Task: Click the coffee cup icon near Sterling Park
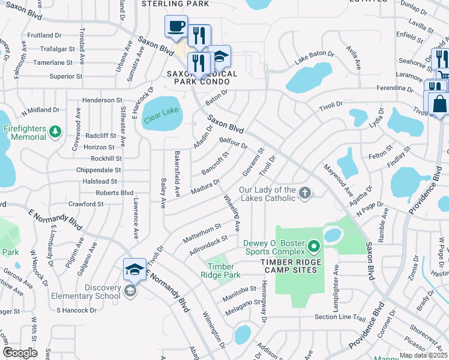pos(176,27)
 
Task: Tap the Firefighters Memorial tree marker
pos(55,131)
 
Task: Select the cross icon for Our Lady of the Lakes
pos(305,193)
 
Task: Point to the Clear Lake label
pos(161,115)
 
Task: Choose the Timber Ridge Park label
pos(224,271)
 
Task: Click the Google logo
pos(20,352)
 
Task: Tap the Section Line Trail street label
pos(340,317)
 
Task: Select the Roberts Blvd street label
pos(114,193)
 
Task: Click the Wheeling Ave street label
pos(232,212)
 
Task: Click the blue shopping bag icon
pos(439,103)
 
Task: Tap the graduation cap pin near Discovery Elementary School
pos(134,269)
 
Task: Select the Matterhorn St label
pos(202,232)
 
